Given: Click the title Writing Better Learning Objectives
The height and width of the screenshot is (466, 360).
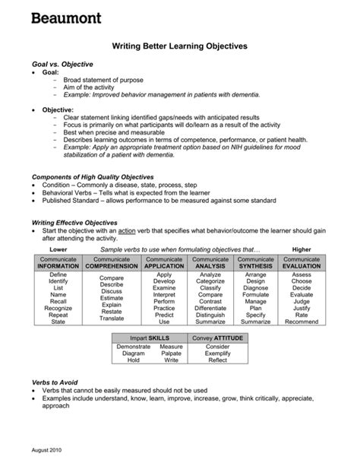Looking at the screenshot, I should tap(180, 46).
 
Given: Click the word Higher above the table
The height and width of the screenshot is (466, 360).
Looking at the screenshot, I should tap(302, 249).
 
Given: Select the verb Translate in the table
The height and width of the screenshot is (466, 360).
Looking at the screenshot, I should tap(111, 319).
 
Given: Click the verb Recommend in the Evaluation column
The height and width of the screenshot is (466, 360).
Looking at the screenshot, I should tap(302, 322).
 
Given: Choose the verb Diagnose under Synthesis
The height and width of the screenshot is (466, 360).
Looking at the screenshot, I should tap(256, 288).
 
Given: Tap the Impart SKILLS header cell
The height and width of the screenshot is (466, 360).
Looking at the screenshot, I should tap(150, 337).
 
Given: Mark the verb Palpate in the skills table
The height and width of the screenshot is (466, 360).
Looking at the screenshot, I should tap(171, 353).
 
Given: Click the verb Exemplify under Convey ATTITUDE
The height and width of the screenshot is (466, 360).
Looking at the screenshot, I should tap(217, 353).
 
